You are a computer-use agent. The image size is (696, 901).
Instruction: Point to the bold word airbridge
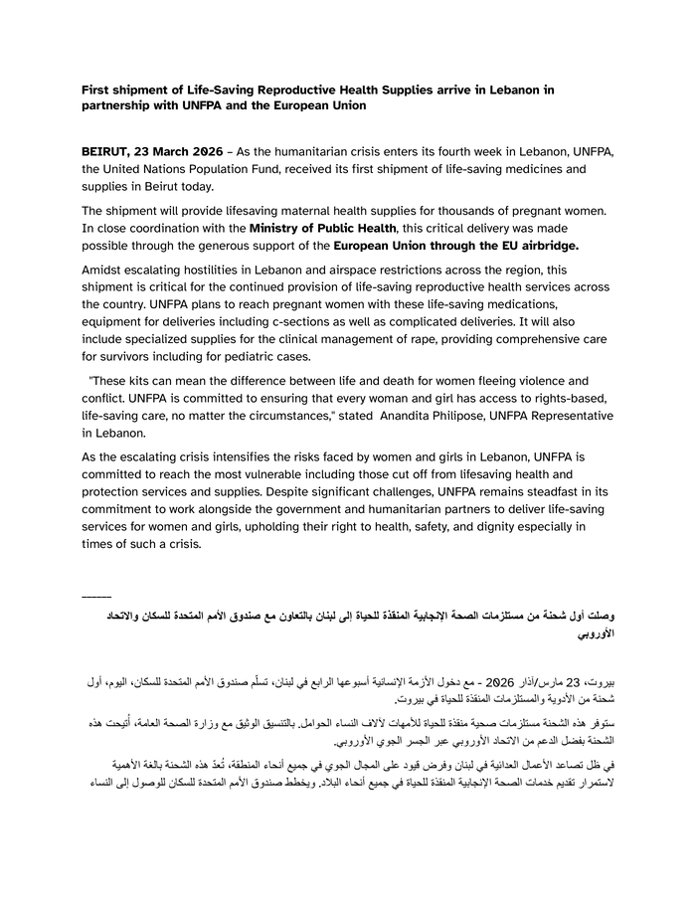pyautogui.click(x=542, y=246)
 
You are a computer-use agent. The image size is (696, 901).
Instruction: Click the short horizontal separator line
pyautogui.click(x=96, y=596)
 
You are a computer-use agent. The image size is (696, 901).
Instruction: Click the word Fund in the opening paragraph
pyautogui.click(x=262, y=168)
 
